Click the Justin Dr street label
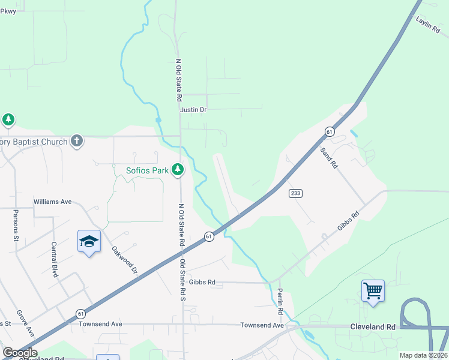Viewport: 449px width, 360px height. [x=193, y=110]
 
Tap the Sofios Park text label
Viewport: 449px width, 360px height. [x=147, y=170]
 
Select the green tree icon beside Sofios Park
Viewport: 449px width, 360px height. [x=177, y=170]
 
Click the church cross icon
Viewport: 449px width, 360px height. [x=76, y=142]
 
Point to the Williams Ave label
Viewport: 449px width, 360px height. [x=53, y=202]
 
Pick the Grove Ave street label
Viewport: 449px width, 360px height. [x=25, y=322]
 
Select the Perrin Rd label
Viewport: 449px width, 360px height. [x=280, y=301]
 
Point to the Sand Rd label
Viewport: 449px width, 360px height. [x=330, y=157]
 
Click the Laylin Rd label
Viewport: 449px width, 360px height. [x=427, y=28]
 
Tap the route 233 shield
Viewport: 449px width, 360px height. [x=295, y=193]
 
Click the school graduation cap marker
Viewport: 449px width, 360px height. [x=89, y=241]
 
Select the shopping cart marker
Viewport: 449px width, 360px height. [x=373, y=291]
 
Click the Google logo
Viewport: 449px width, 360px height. [x=19, y=353]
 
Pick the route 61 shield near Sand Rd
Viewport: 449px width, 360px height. [x=330, y=131]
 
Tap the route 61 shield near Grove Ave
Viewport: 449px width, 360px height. [x=80, y=314]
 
